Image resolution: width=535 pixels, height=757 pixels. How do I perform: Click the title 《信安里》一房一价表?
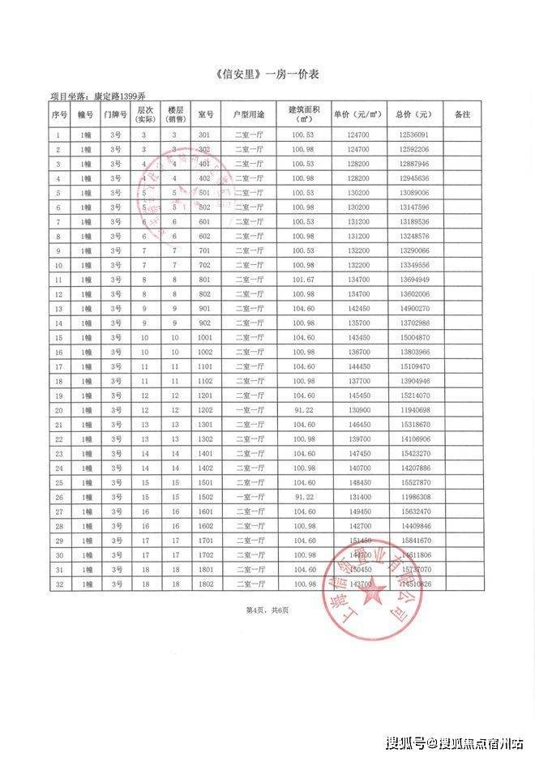point(267,75)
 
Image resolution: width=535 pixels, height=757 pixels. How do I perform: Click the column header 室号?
point(204,114)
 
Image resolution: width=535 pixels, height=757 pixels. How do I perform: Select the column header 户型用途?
point(249,114)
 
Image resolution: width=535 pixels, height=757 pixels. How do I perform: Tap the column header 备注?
point(462,114)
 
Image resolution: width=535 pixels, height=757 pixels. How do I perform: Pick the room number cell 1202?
point(204,410)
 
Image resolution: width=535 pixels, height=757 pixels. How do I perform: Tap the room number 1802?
point(204,584)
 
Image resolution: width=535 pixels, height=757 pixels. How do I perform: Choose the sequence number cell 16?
point(58,353)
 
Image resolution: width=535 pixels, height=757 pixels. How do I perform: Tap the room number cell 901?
point(204,309)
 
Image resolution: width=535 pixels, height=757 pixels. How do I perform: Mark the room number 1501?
point(204,482)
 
